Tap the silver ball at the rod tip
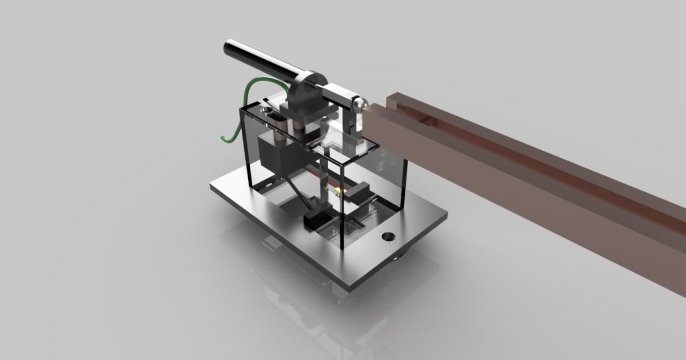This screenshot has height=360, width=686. (359, 103)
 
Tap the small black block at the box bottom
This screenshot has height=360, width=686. (316, 219)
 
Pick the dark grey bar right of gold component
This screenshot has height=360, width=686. (360, 189)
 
